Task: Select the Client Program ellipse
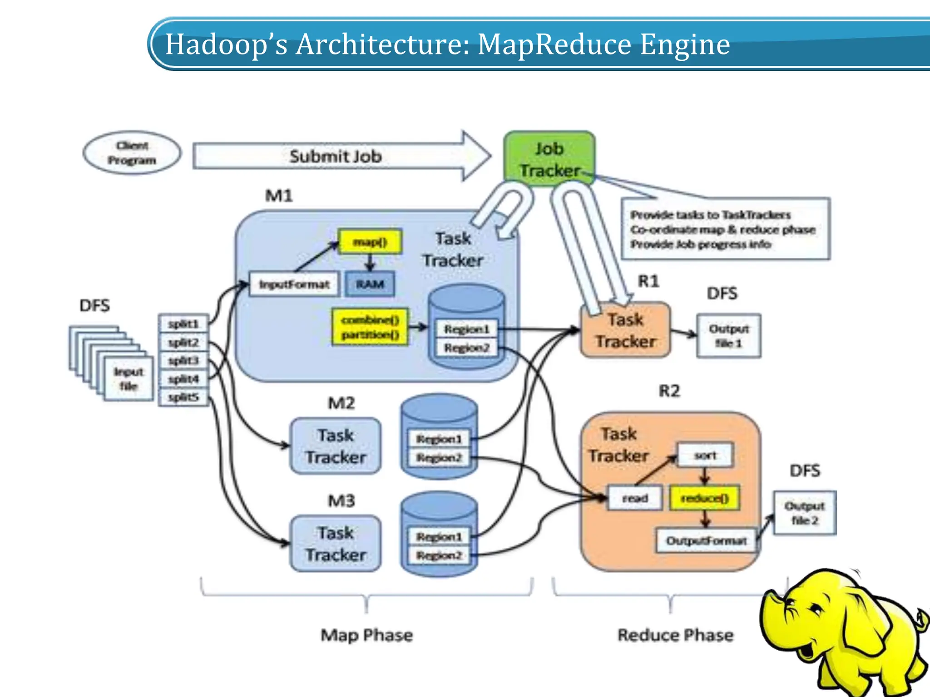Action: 132,153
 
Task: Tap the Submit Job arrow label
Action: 336,157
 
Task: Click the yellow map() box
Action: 370,242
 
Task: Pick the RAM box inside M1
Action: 370,285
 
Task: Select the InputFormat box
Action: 294,285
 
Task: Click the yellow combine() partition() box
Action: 370,327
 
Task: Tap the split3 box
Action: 183,361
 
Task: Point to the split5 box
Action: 183,398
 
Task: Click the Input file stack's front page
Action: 129,379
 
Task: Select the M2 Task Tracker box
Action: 336,446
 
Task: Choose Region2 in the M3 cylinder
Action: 439,555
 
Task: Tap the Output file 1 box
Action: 729,336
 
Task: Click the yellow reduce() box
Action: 705,498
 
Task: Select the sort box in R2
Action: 705,456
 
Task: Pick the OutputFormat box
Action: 706,541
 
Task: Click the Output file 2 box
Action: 805,513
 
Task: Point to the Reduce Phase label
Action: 675,635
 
